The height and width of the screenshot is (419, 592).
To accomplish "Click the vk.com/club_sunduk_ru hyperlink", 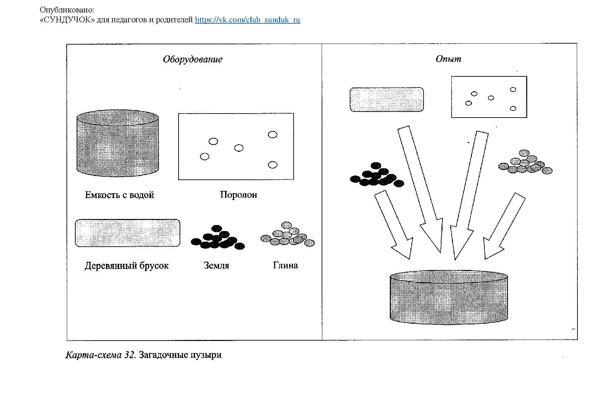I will pyautogui.click(x=247, y=20).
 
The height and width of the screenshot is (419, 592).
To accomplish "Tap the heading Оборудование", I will pyautogui.click(x=192, y=59).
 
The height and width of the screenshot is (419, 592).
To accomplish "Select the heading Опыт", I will pyautogui.click(x=448, y=59).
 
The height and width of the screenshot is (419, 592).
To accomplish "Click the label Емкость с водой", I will pyautogui.click(x=119, y=195).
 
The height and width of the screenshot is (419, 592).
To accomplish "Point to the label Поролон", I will pyautogui.click(x=238, y=195).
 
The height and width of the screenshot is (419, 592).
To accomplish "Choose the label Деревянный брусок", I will pyautogui.click(x=126, y=266).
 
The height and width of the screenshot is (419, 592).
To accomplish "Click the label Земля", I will pyautogui.click(x=216, y=266).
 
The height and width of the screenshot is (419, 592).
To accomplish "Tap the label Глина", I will pyautogui.click(x=285, y=265).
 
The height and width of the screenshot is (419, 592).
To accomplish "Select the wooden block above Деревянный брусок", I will pyautogui.click(x=127, y=233).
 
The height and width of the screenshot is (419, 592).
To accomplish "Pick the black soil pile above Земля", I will pyautogui.click(x=217, y=238).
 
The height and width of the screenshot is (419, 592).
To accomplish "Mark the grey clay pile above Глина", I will pyautogui.click(x=288, y=235).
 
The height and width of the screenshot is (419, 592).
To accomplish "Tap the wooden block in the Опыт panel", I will pyautogui.click(x=387, y=100).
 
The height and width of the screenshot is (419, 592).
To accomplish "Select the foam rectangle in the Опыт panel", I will pyautogui.click(x=489, y=97).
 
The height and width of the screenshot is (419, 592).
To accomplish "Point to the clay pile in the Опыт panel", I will pyautogui.click(x=525, y=163).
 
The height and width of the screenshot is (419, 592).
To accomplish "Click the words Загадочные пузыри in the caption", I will pyautogui.click(x=180, y=355).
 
